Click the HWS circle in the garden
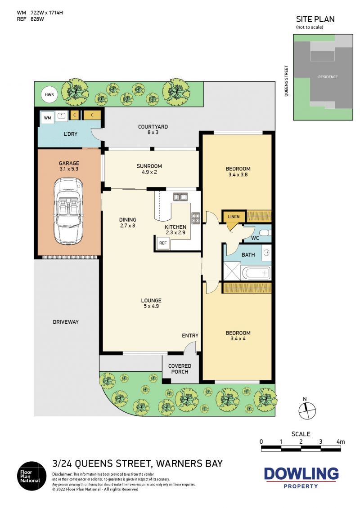[49, 94]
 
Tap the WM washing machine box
[47, 118]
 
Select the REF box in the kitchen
[163, 243]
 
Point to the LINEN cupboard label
[234, 217]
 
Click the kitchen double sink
[180, 197]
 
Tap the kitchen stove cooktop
[196, 218]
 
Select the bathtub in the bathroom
[256, 273]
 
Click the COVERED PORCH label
[180, 369]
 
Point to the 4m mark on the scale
[341, 441]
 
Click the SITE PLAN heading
[315, 19]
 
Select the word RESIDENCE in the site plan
[328, 77]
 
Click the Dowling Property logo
[301, 477]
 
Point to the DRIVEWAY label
[66, 322]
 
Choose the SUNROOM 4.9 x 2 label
[149, 169]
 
